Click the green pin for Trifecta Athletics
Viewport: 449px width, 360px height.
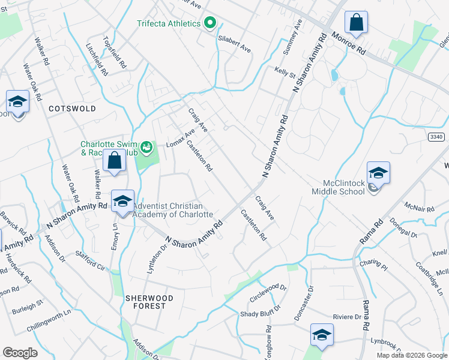(x=209, y=23)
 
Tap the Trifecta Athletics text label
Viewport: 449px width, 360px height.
(x=168, y=23)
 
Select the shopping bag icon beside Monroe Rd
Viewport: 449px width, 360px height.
(x=356, y=23)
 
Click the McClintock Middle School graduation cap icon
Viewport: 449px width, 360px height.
(x=378, y=173)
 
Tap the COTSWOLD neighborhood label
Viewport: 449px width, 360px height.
(x=72, y=109)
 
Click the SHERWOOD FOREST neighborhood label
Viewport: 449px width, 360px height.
(x=149, y=302)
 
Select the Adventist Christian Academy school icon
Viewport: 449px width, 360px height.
(x=122, y=201)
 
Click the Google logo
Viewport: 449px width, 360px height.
(x=19, y=353)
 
